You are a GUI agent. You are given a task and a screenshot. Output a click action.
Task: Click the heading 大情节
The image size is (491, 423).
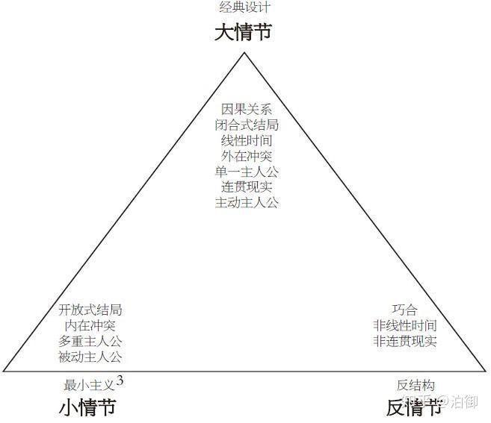point(244,33)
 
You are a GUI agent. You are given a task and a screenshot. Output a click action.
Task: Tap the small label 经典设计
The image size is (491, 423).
point(244,8)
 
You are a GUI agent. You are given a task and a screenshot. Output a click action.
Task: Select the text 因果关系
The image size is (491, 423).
point(246,109)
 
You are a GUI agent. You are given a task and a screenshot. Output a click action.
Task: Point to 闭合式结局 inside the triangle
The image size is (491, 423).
point(246,125)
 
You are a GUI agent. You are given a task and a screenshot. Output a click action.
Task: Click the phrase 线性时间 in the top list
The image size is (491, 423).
point(246,140)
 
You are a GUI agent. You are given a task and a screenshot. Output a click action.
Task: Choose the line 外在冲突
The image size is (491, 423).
point(246,156)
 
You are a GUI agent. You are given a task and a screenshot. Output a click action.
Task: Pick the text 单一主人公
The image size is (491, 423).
point(246,172)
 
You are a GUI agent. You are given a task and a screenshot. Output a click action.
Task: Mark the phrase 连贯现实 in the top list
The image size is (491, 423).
point(246,187)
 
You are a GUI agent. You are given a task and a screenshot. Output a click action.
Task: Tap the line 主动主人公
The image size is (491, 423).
point(246,203)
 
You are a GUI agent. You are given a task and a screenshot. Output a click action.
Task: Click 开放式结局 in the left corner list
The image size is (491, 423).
point(90,310)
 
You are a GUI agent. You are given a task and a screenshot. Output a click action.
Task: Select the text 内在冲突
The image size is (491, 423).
point(90,325)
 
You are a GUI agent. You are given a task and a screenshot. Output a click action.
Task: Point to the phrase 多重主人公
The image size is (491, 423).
point(90,341)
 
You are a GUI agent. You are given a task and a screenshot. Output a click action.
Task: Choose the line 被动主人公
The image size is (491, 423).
point(90,357)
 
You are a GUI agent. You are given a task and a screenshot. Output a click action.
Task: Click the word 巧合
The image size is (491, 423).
point(404,310)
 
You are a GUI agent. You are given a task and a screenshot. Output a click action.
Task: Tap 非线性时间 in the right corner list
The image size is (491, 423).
point(404,325)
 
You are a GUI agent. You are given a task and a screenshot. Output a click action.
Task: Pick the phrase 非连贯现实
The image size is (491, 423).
point(404,341)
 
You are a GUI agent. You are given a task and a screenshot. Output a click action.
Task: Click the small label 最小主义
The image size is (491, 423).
point(89,385)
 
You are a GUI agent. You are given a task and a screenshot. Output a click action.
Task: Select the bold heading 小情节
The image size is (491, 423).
point(87,407)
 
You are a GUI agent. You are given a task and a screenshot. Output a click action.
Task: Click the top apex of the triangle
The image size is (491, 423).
point(244,53)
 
